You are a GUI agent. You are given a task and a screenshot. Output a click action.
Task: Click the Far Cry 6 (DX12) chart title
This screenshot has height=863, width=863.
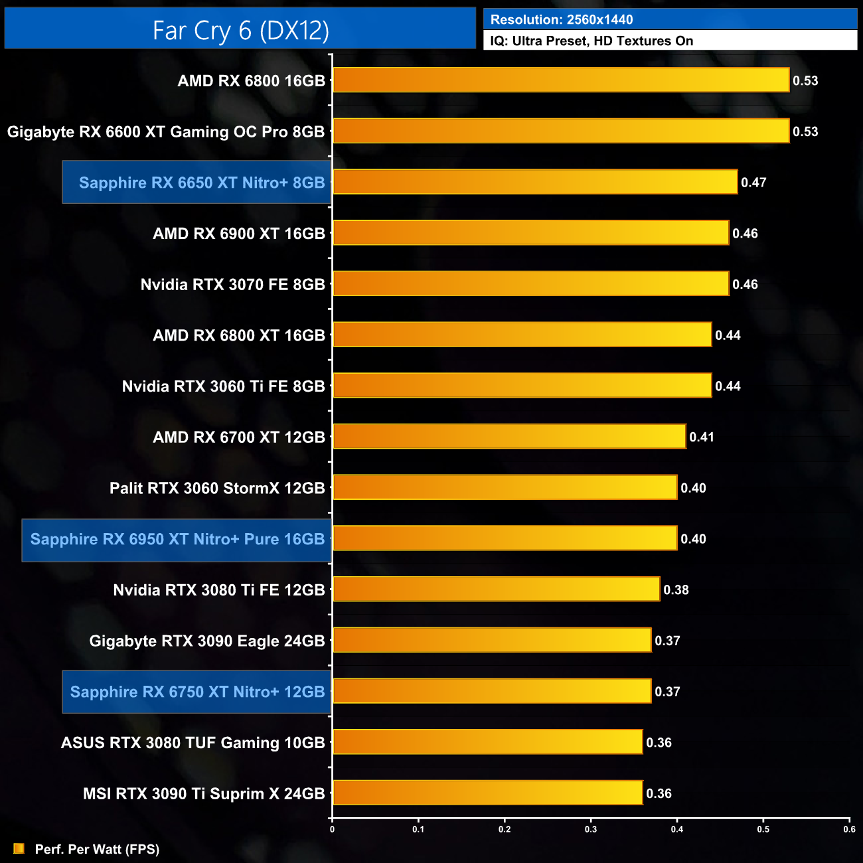[240, 31]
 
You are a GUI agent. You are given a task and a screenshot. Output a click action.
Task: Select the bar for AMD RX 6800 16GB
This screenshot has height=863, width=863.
[561, 80]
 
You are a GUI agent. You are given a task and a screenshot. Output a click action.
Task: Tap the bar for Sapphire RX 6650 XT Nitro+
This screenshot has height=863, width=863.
[535, 182]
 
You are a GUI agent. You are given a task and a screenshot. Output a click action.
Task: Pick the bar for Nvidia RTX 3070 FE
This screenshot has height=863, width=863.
[530, 284]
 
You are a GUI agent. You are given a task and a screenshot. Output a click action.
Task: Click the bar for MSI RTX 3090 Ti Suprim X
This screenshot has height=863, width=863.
[487, 793]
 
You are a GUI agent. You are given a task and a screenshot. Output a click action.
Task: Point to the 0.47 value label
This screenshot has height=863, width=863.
[753, 183]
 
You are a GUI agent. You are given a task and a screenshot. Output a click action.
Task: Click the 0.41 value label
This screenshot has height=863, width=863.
[702, 437]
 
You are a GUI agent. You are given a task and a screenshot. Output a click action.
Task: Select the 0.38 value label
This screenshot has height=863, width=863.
[676, 589]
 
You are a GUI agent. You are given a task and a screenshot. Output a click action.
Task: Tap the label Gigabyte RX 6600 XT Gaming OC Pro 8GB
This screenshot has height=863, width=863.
[166, 131]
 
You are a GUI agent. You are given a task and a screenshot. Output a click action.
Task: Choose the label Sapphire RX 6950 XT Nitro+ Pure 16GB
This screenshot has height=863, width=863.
[177, 539]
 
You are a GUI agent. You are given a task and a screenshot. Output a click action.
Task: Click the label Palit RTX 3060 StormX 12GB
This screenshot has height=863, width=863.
[217, 488]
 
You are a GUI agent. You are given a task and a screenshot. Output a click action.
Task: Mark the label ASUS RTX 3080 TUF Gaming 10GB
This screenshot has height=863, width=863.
[193, 742]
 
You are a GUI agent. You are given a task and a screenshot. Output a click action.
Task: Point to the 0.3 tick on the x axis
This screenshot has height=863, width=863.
[591, 828]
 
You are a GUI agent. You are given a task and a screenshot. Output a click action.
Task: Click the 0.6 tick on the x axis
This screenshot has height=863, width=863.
[849, 828]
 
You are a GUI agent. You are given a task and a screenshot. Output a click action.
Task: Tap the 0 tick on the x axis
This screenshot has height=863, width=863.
[332, 828]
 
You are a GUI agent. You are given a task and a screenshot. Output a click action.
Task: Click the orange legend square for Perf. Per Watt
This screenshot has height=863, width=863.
[19, 848]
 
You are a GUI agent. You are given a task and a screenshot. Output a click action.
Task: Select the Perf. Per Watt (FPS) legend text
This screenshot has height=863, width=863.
[97, 849]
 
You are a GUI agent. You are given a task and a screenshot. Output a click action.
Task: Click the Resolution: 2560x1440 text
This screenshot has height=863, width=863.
[562, 20]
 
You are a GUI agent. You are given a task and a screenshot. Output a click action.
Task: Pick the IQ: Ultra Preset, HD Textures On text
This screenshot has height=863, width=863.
[591, 41]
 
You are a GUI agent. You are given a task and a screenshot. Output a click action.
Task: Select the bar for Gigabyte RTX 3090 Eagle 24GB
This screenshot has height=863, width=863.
[492, 640]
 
